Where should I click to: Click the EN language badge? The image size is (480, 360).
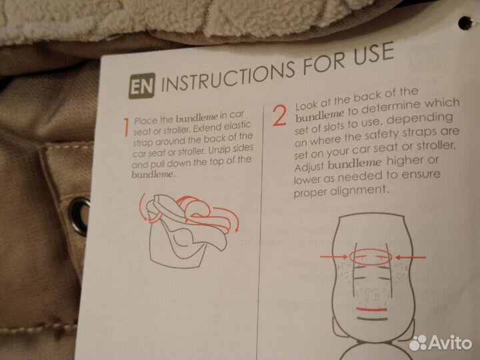[141, 86]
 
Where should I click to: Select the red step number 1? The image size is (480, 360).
[126, 127]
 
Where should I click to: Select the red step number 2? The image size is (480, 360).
[279, 116]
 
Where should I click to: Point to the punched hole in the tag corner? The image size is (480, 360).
[465, 23]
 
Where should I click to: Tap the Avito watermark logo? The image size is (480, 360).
[441, 343]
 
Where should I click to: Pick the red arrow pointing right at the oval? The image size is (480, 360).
[334, 257]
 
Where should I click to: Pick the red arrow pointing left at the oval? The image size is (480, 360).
[411, 257]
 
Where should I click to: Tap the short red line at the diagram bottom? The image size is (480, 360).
[371, 309]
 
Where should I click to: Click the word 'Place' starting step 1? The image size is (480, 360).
[145, 120]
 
